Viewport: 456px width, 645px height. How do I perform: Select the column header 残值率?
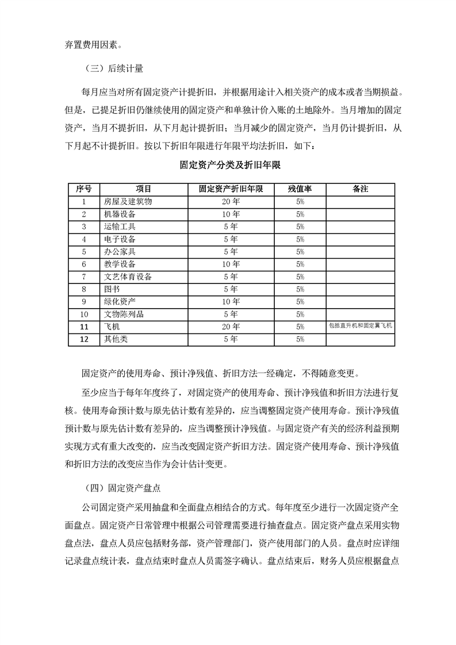[300, 189]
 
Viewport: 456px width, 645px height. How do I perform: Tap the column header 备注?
[360, 189]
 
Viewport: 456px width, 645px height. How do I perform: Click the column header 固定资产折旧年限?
[231, 189]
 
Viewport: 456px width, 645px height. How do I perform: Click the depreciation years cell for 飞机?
[231, 327]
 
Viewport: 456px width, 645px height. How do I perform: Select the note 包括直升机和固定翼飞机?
[360, 326]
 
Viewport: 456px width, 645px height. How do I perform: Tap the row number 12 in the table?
[84, 339]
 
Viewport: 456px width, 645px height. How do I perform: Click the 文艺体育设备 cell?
[128, 277]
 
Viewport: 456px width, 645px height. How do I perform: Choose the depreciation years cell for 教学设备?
[231, 264]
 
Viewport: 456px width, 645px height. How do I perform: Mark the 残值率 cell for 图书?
[300, 289]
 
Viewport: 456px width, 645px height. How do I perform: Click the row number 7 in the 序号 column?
[84, 277]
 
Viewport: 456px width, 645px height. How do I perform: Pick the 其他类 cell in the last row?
[116, 339]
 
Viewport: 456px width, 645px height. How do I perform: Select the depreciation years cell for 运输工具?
[231, 226]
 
